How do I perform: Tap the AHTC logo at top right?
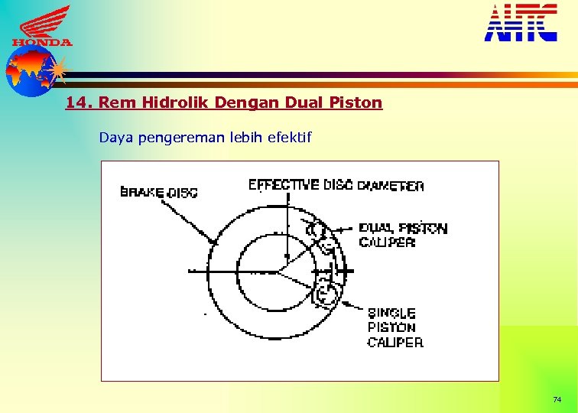click(521, 22)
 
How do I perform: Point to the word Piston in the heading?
click(356, 102)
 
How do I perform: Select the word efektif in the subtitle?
click(287, 138)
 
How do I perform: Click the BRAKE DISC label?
click(159, 192)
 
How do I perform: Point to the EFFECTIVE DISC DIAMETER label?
click(336, 185)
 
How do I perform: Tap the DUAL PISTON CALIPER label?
click(402, 235)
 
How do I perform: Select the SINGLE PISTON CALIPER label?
click(395, 327)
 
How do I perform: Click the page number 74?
click(557, 400)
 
